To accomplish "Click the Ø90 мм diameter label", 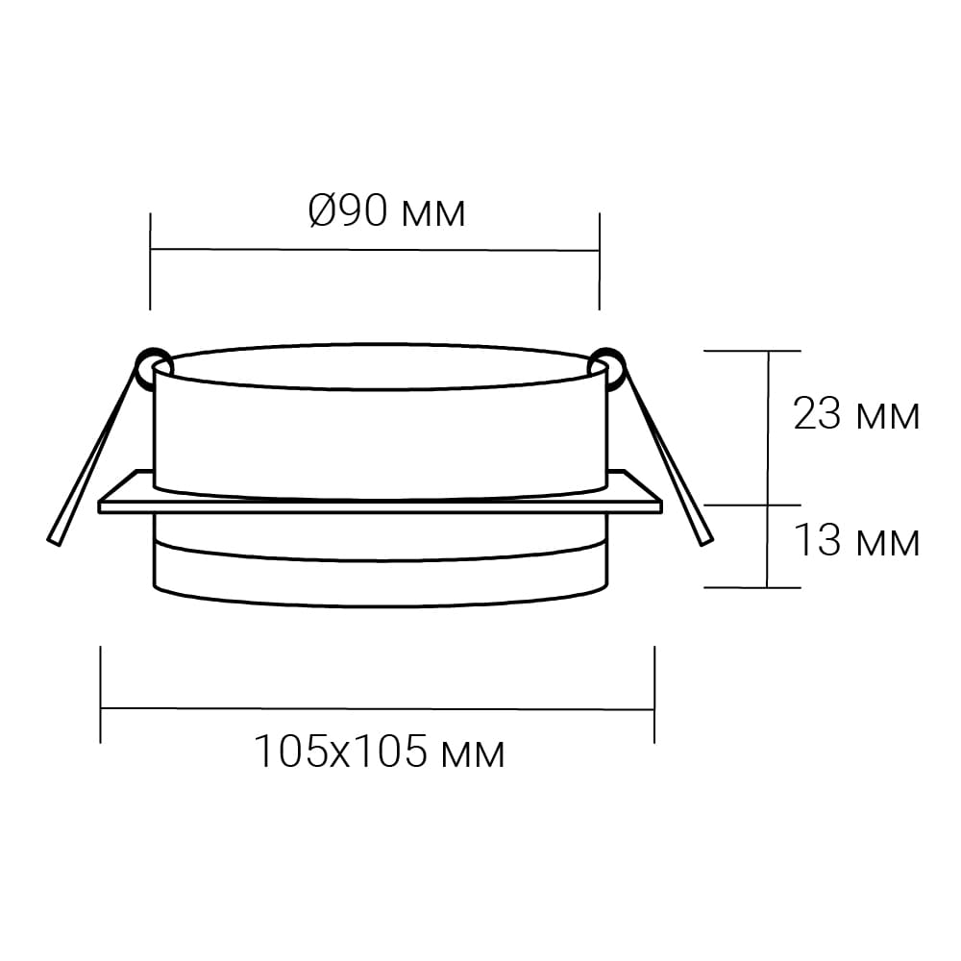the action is click(x=386, y=211).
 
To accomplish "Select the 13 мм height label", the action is click(x=856, y=540).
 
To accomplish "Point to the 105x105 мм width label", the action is click(x=380, y=752).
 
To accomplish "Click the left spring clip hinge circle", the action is click(x=152, y=365).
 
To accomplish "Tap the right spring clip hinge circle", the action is click(x=606, y=365).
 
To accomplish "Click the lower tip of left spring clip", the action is click(x=54, y=542).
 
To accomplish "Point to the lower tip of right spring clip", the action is click(x=706, y=542).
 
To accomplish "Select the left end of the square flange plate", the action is click(x=100, y=506).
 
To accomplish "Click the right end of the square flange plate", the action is click(x=661, y=506).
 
